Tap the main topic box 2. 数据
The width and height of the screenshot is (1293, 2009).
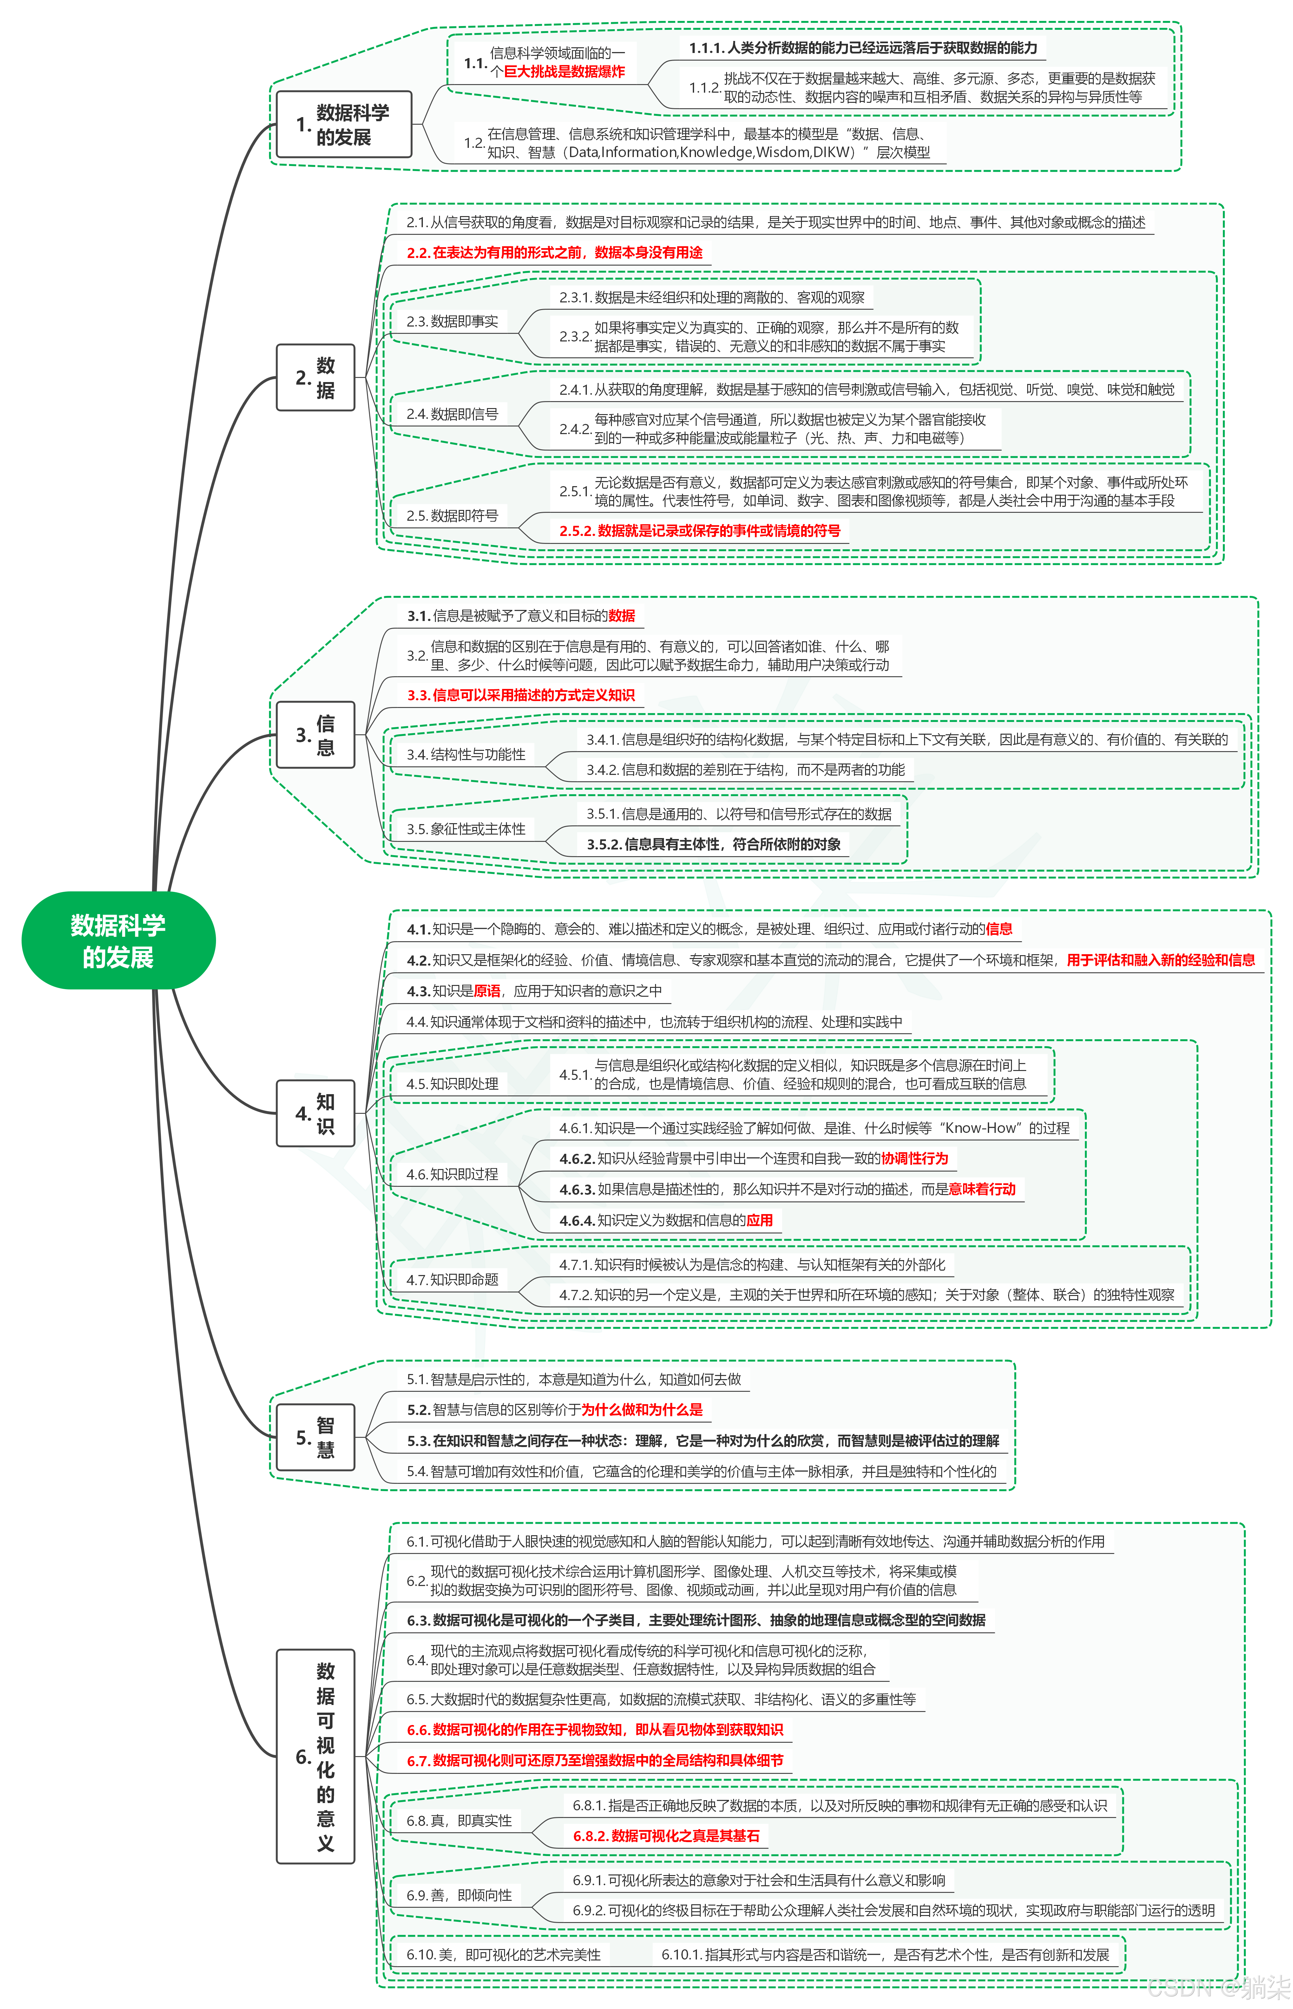(316, 377)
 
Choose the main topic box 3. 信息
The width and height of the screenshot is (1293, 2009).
(316, 735)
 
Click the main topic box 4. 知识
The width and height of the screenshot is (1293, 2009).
(316, 1113)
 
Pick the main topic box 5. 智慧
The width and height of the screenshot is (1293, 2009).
(316, 1437)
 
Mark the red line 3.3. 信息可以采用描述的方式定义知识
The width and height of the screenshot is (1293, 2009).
(521, 696)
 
